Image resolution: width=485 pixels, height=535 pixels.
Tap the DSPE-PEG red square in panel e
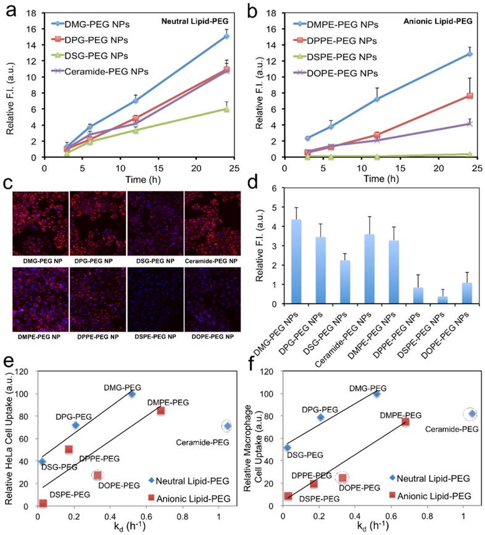point(43,504)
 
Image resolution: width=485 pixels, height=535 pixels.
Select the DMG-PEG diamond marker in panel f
point(376,394)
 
